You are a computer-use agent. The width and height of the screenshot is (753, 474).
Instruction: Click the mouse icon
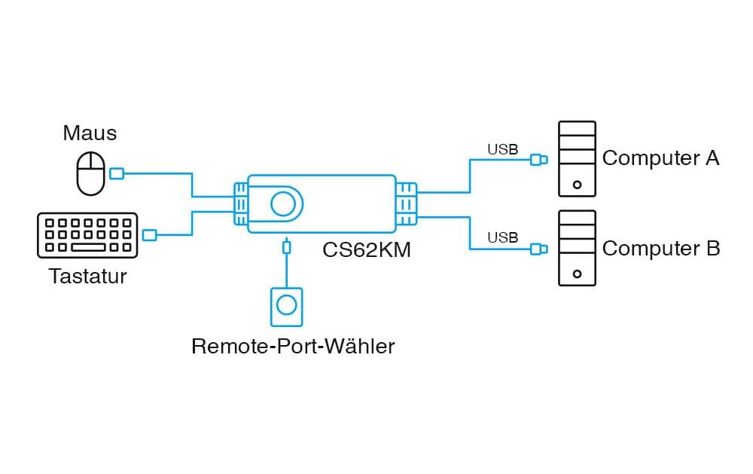[x=91, y=173]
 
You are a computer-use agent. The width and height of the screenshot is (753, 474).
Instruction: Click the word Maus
[x=90, y=134]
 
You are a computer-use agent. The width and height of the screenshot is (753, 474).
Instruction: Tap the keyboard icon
[x=87, y=235]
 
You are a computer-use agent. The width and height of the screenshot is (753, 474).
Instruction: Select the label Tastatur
[x=88, y=277]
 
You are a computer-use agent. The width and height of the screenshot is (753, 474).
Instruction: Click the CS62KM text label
[x=367, y=249]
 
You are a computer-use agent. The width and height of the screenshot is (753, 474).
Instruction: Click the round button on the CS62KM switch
[x=284, y=203]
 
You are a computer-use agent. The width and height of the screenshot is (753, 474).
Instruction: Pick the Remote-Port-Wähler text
[x=293, y=347]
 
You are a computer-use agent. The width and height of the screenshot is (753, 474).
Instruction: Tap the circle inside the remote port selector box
[x=286, y=305]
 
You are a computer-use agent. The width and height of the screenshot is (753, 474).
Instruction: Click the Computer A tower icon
[x=577, y=159]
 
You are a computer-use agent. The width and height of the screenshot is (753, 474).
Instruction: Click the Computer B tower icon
[x=577, y=248]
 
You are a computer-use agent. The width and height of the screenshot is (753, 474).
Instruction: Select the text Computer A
[x=660, y=159]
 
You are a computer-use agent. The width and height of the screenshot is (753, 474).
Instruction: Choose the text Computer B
[x=660, y=249]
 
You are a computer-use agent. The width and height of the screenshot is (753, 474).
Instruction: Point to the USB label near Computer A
[x=502, y=149]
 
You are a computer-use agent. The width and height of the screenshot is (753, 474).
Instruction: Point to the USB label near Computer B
[x=502, y=238]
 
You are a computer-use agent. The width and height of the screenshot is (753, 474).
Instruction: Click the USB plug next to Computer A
[x=538, y=160]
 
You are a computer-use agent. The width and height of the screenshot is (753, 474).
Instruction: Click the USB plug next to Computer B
[x=538, y=249]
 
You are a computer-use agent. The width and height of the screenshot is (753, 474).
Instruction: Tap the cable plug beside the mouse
[x=117, y=174]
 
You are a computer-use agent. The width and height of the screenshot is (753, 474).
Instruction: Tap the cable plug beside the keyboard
[x=149, y=235]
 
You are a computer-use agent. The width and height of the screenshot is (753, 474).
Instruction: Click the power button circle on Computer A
[x=577, y=184]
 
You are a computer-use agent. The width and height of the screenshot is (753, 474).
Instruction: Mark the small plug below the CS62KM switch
[x=285, y=246]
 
